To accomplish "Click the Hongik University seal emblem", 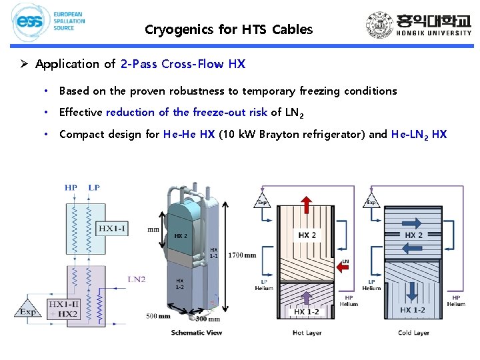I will click(x=380, y=26).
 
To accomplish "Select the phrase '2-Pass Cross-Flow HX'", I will click(x=183, y=64).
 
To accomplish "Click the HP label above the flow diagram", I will click(x=71, y=187).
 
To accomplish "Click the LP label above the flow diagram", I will click(x=94, y=187).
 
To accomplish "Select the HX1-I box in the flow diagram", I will click(x=115, y=228).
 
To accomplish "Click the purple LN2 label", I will click(x=136, y=279).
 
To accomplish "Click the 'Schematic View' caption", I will click(x=197, y=332).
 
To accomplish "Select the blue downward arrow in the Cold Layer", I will click(x=413, y=288).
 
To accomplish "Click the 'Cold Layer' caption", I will click(x=414, y=332).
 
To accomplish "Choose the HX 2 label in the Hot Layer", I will click(x=307, y=235).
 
